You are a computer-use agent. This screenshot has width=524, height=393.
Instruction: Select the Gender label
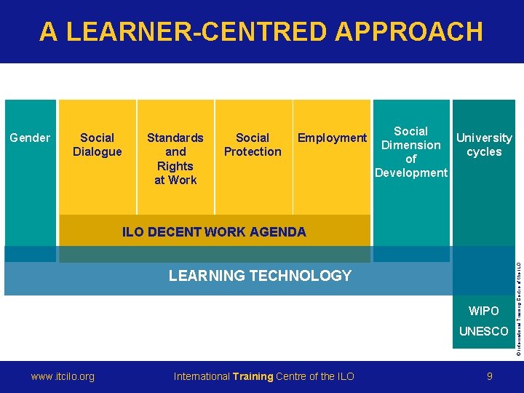coord(30,138)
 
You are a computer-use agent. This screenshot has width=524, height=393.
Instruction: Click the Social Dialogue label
coord(97,144)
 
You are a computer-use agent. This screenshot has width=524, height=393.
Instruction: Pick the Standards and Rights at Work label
coord(175,158)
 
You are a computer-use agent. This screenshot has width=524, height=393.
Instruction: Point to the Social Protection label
coord(253,144)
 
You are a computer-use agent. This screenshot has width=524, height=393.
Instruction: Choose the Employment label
coord(332,138)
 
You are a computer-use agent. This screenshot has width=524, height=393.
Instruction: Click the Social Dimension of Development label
coord(410,151)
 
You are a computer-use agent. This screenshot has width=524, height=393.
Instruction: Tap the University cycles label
coord(484,144)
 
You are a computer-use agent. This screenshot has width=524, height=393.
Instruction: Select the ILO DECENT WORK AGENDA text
coord(214,232)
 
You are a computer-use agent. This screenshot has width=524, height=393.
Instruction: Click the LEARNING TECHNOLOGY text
coord(260,276)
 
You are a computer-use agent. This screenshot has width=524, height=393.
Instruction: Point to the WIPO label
coord(484,311)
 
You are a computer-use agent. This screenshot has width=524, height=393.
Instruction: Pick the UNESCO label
coord(484,331)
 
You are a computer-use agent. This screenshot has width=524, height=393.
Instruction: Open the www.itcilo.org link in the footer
coord(63,376)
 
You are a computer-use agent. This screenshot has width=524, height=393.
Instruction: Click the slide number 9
coord(490,376)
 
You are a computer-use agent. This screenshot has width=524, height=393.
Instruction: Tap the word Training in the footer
coord(253,376)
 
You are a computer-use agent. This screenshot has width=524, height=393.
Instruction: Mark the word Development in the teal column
coord(410,172)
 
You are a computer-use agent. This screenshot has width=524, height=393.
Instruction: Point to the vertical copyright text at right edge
coord(519,298)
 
